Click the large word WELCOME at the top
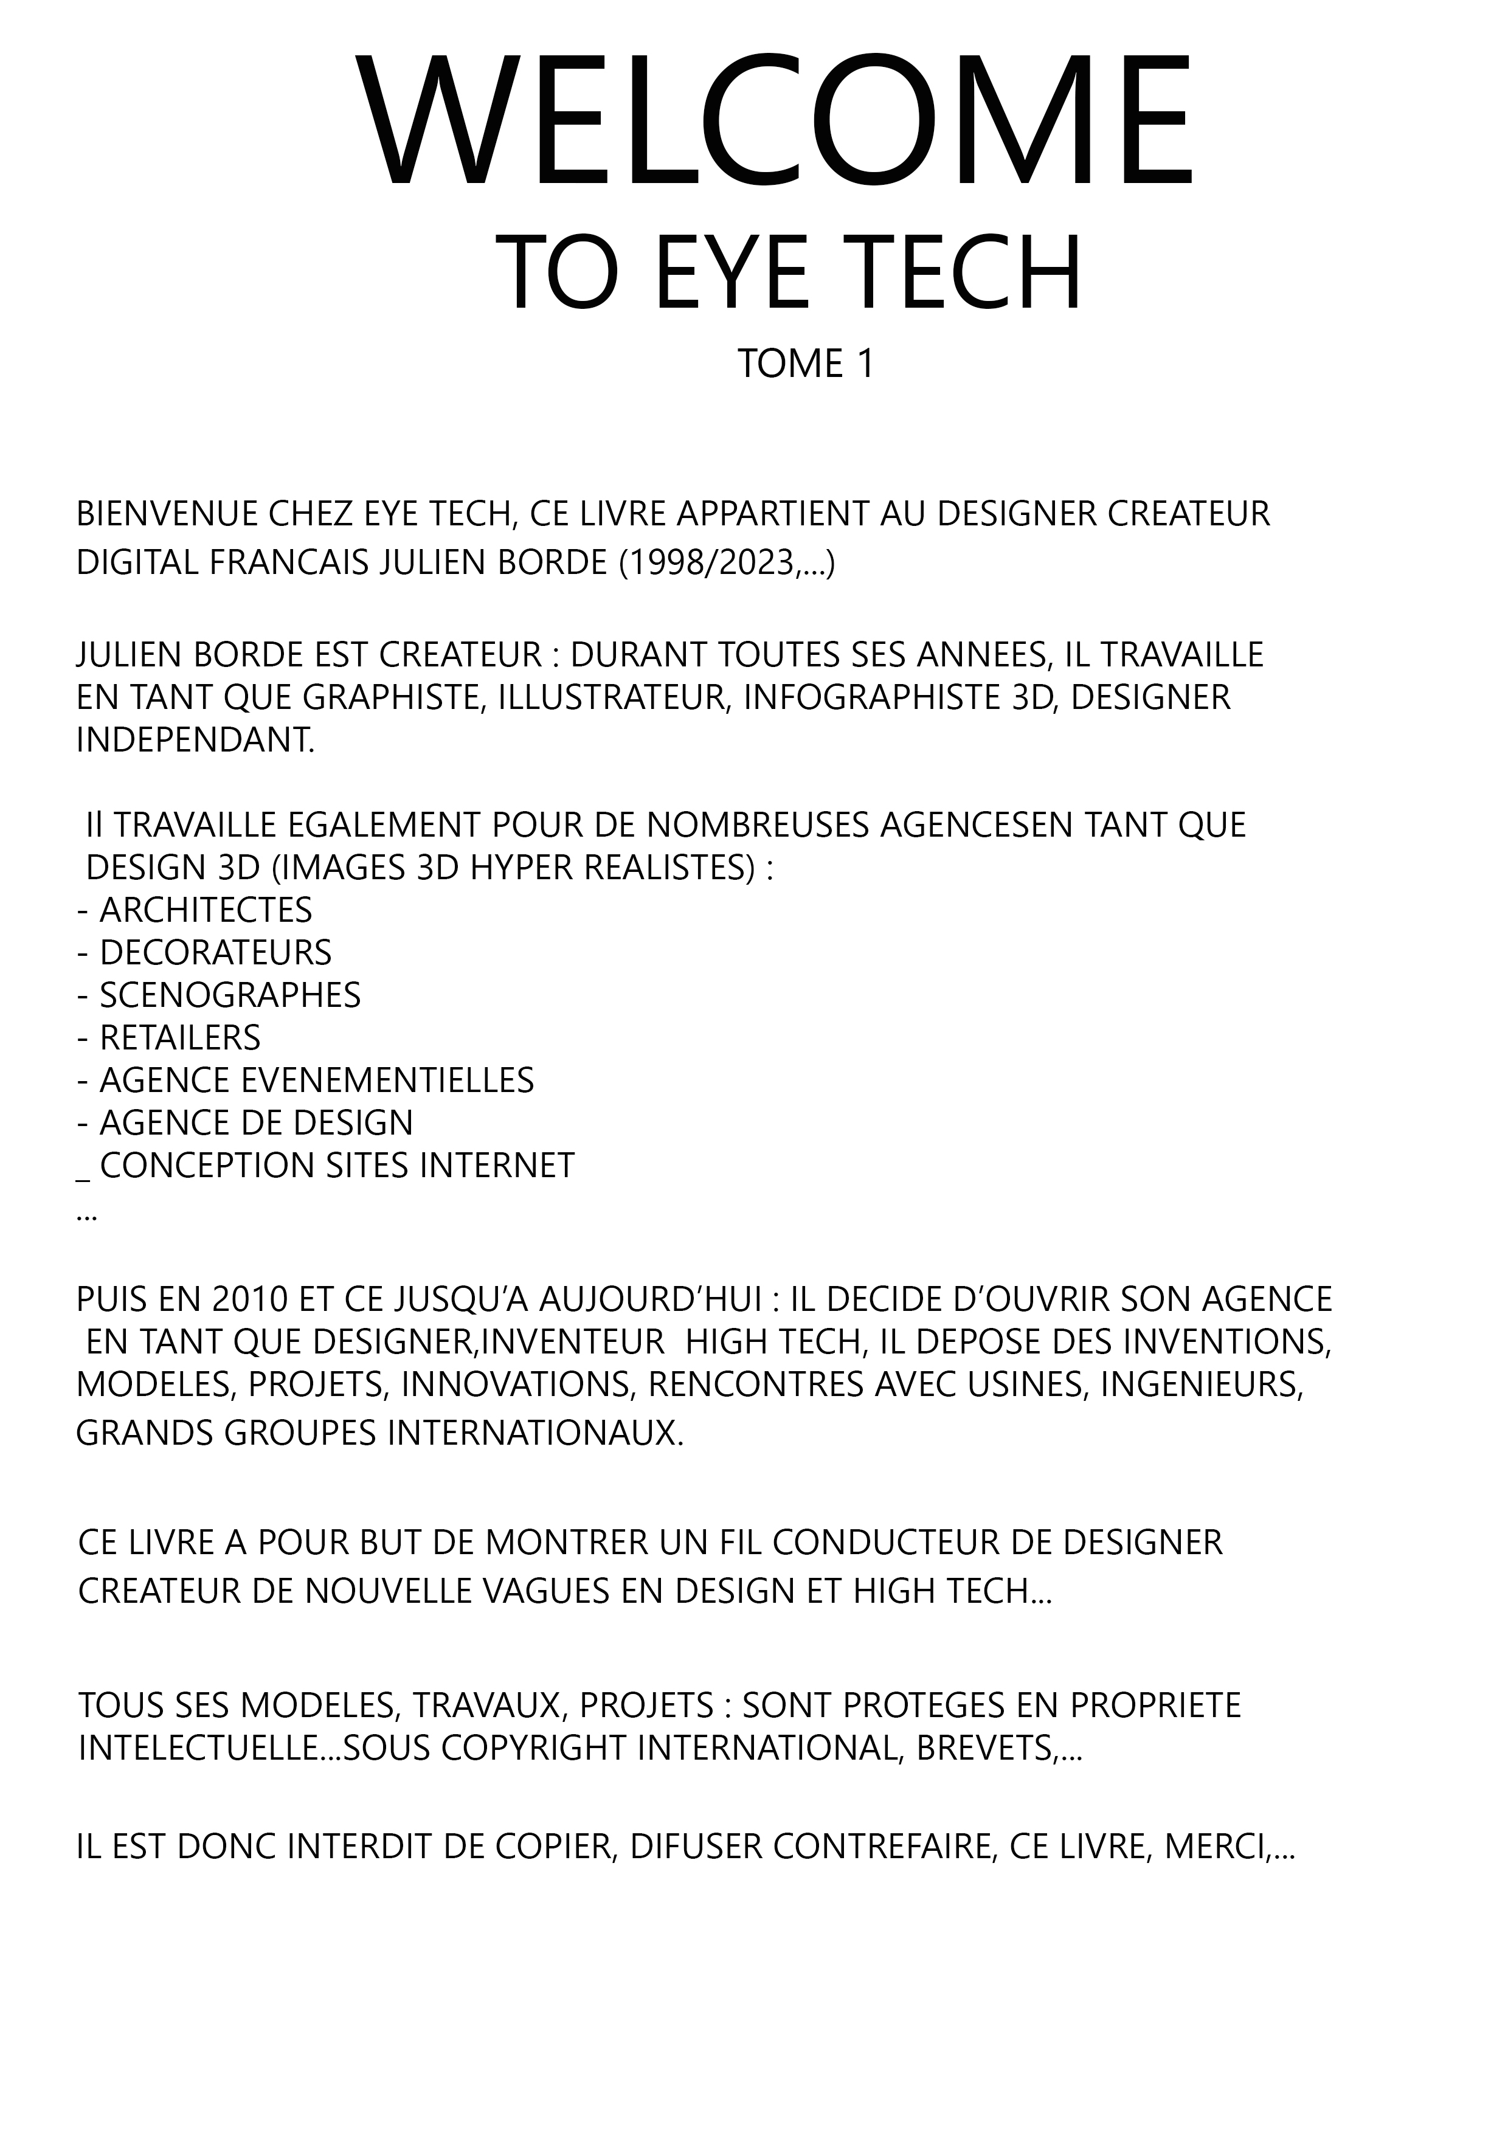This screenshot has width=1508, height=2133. pos(776,123)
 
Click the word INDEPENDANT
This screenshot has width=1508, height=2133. pos(195,741)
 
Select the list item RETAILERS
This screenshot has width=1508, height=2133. pos(180,1038)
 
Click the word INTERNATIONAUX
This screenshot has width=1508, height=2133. pos(535,1434)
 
